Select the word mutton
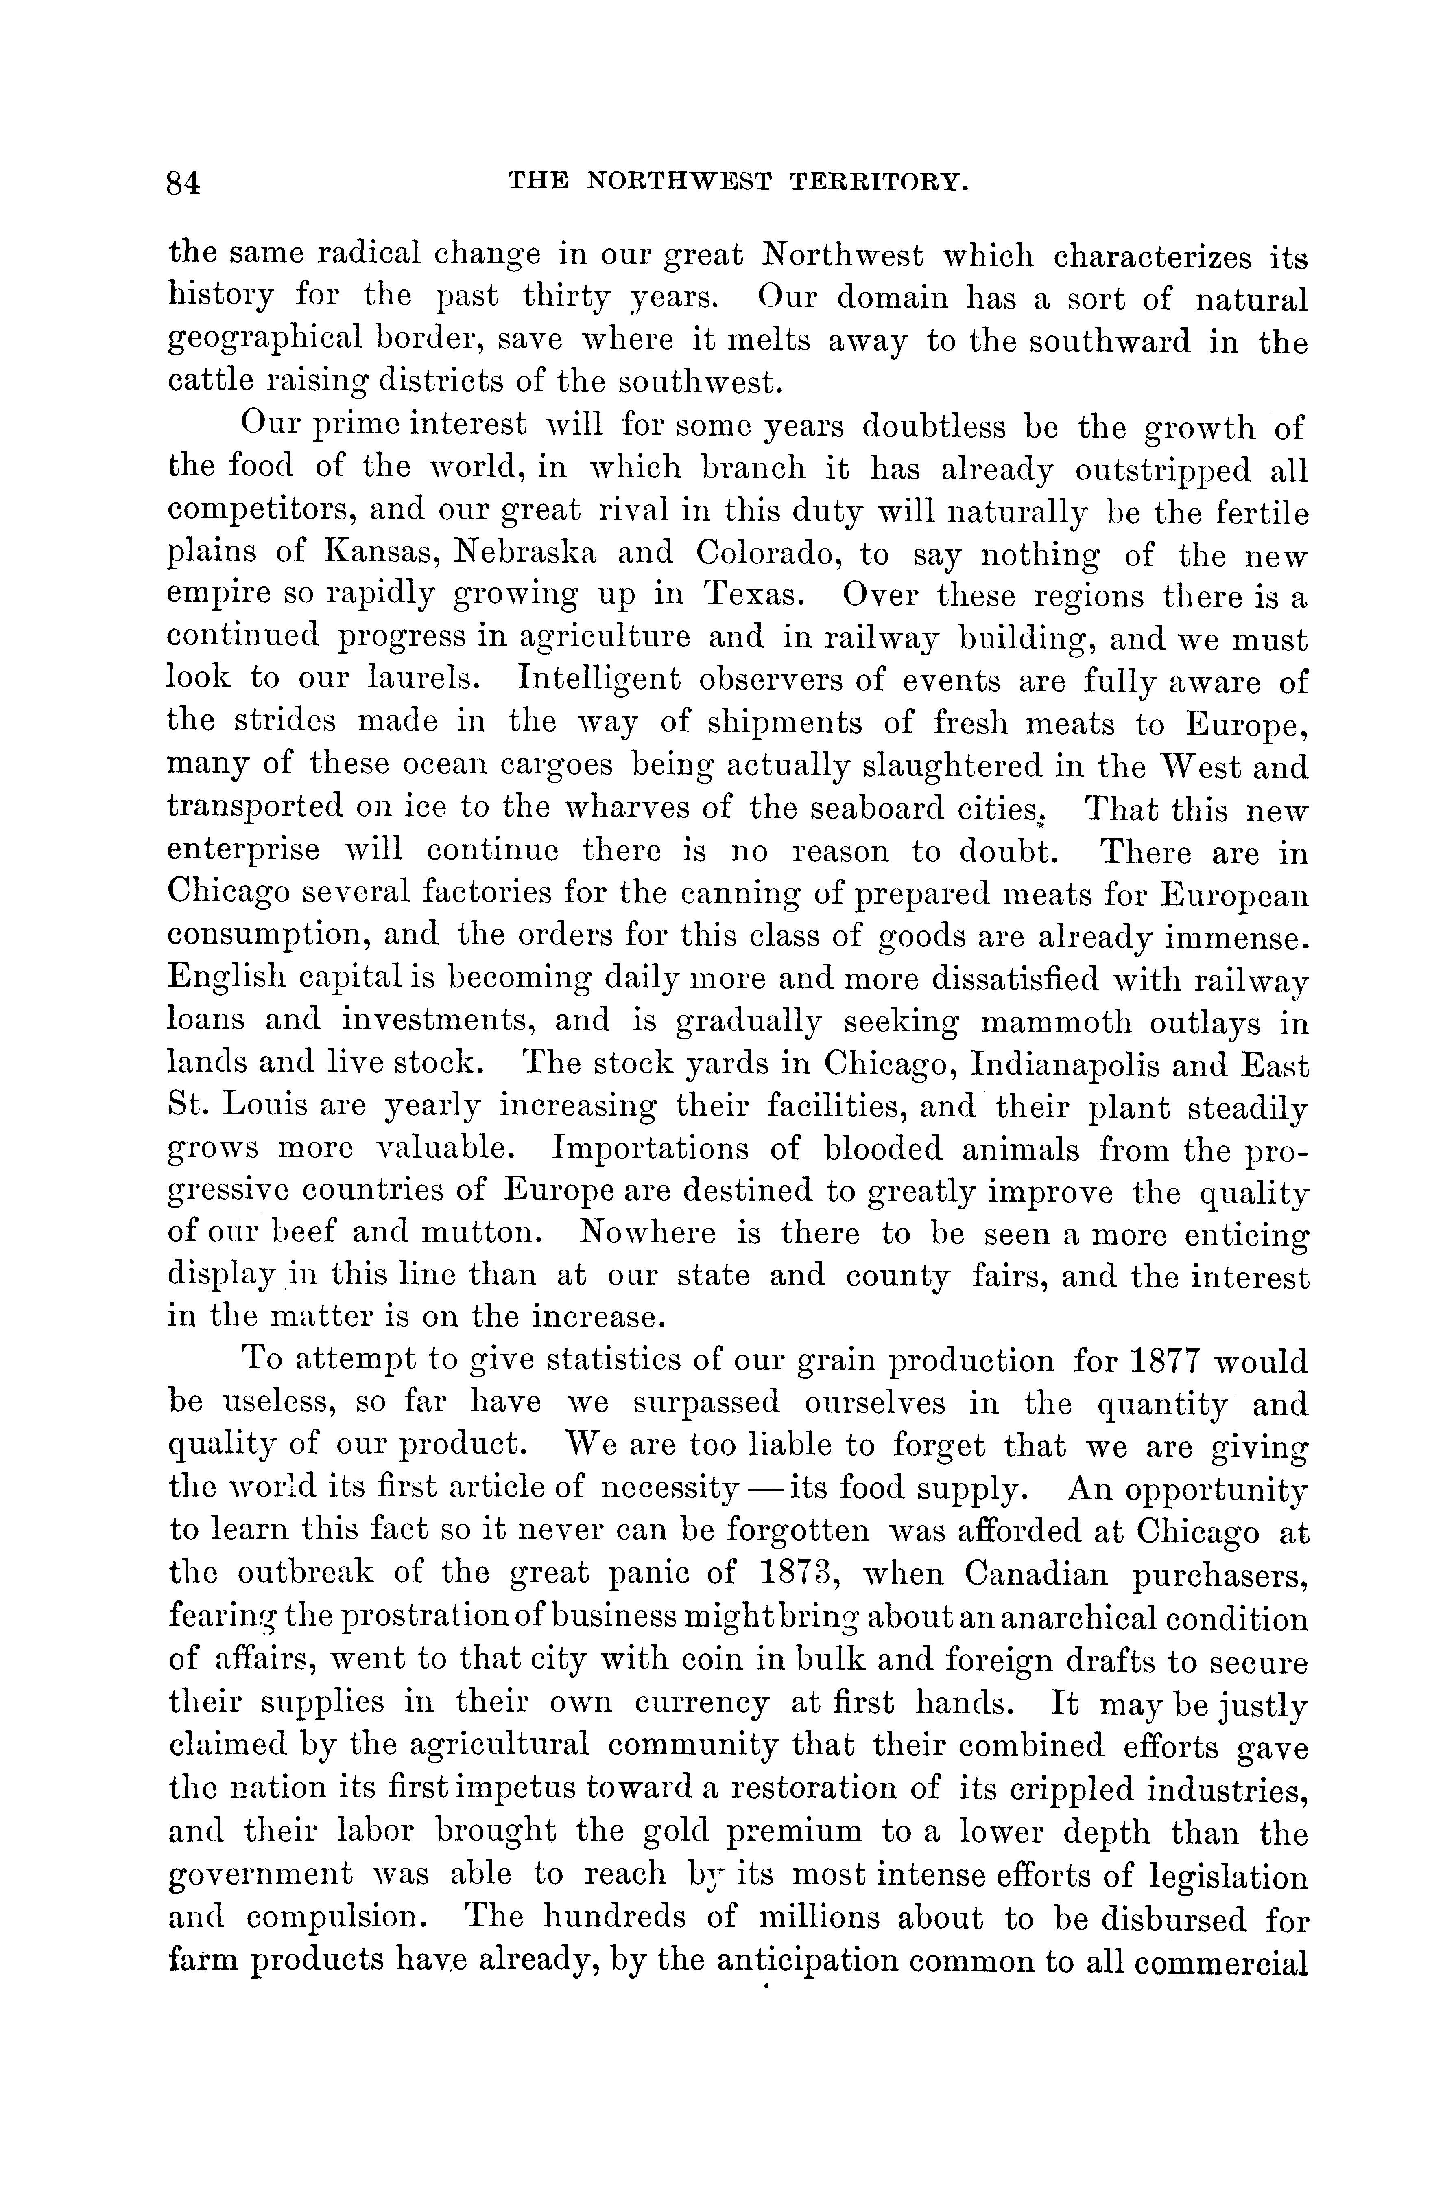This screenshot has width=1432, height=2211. (477, 1235)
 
